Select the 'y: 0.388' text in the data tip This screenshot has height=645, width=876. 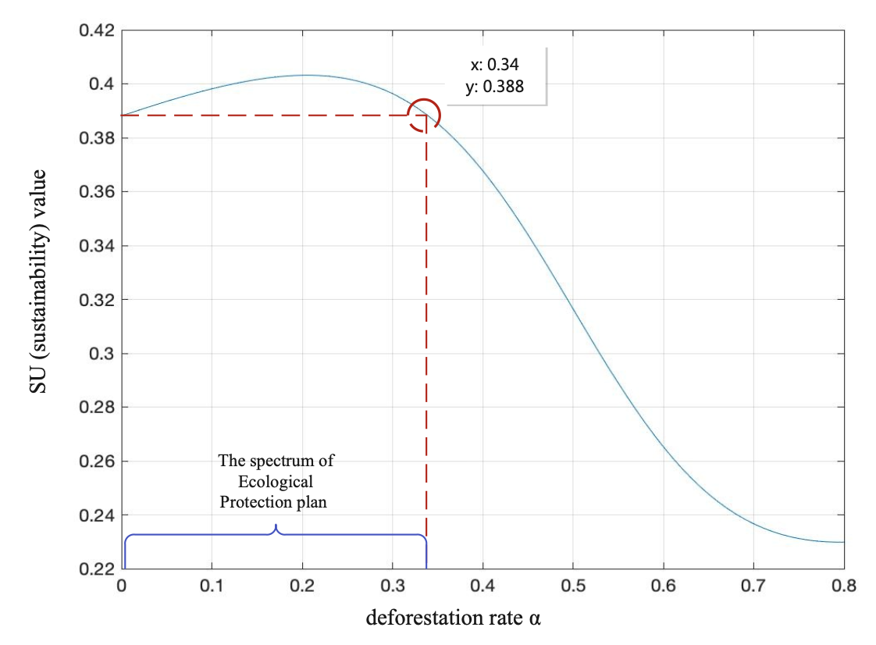click(x=494, y=87)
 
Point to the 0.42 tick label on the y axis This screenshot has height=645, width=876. click(x=97, y=31)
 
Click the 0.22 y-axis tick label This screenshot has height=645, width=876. click(x=97, y=569)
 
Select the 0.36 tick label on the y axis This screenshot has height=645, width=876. click(x=97, y=192)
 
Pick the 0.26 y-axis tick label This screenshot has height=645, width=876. click(x=97, y=461)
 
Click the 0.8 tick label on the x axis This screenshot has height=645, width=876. click(x=843, y=586)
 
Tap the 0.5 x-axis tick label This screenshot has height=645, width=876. click(x=573, y=586)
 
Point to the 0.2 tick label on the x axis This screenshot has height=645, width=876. click(x=302, y=586)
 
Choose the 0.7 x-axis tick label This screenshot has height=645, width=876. click(x=753, y=586)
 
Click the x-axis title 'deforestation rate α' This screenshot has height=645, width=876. click(x=454, y=618)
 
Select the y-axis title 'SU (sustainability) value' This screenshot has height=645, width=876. click(x=38, y=281)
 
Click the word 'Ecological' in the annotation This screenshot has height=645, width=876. click(x=276, y=482)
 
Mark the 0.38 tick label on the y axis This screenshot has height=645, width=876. click(x=97, y=138)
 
